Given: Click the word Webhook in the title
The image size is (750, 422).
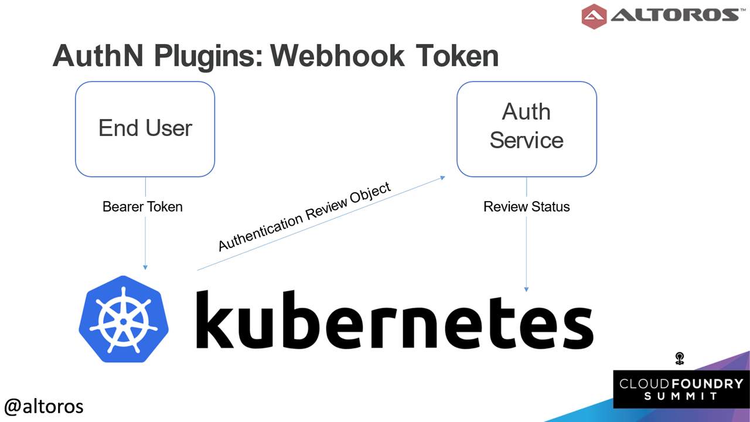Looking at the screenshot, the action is (338, 56).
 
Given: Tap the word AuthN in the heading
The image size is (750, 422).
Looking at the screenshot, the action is (98, 56).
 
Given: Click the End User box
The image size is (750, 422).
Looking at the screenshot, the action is (145, 130).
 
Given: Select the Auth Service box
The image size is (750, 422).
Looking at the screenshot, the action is (527, 130).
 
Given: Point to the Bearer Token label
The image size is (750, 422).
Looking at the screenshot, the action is (142, 207).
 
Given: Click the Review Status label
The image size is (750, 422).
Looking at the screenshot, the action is (527, 207).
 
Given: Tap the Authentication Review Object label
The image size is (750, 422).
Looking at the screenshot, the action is (304, 216).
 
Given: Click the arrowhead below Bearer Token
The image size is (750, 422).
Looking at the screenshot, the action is (145, 268).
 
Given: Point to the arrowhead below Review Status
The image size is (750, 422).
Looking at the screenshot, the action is (526, 290).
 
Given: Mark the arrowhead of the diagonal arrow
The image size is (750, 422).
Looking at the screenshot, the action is (442, 178).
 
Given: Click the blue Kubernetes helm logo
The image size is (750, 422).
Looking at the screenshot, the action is (124, 319).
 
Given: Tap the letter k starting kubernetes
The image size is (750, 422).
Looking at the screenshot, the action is (214, 319).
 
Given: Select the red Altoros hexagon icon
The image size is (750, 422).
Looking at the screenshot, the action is (594, 16).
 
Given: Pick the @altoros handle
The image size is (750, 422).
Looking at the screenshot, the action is (44, 407).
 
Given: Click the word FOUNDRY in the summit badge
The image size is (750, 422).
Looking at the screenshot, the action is (707, 384).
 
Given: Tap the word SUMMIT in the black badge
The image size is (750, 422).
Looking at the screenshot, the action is (681, 397).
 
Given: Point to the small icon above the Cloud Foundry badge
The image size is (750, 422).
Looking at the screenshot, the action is (679, 358).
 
